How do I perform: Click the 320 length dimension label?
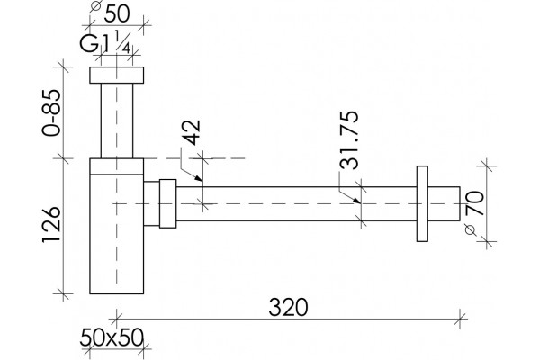[x=288, y=307]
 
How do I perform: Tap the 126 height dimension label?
[x=51, y=225]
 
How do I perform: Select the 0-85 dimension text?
[x=51, y=112]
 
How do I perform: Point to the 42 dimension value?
[x=191, y=132]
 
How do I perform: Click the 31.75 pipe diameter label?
[x=349, y=140]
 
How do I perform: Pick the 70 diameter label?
[x=474, y=203]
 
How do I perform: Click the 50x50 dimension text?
[x=112, y=337]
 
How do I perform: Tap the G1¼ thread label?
[x=105, y=42]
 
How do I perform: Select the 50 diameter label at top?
[x=117, y=13]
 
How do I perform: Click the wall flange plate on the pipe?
[x=422, y=204]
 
